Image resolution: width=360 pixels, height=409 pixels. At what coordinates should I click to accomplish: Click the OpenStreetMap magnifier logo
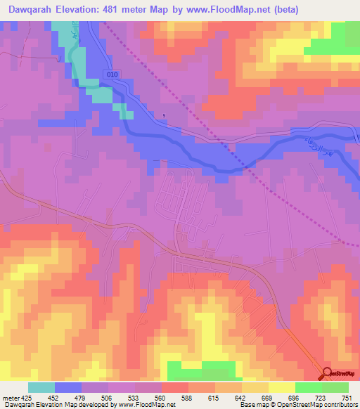[x=328, y=374]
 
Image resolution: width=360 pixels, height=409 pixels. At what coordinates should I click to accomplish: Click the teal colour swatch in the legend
[x=41, y=387]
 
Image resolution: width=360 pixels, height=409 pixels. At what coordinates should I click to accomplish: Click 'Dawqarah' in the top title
[x=32, y=10]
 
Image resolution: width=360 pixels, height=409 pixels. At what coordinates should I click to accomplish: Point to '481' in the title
[x=127, y=10]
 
